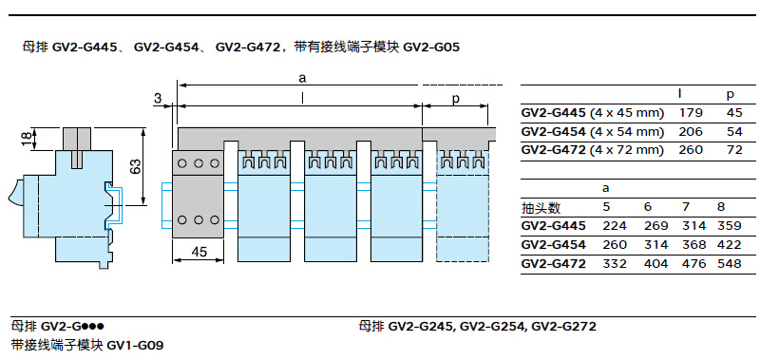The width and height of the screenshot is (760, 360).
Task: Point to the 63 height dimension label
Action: click(136, 166)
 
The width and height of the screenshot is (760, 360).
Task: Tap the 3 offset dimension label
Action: click(157, 99)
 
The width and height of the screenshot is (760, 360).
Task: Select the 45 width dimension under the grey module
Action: click(199, 252)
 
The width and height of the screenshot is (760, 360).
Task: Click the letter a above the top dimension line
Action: click(303, 78)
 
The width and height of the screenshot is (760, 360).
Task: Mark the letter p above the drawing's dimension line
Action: click(455, 99)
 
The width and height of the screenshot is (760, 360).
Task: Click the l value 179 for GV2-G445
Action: click(691, 113)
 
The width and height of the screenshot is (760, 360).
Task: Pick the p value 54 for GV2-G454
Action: click(734, 131)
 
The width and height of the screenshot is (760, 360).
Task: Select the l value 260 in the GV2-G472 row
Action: click(691, 150)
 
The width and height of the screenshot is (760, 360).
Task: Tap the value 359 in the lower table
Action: click(730, 226)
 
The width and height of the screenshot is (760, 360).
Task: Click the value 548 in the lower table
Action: click(730, 263)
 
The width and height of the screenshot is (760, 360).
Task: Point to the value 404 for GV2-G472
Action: click(656, 263)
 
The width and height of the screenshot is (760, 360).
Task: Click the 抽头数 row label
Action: click(541, 208)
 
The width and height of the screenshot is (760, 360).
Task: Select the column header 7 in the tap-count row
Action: click(686, 207)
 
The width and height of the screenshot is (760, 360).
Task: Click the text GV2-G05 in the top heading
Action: click(431, 47)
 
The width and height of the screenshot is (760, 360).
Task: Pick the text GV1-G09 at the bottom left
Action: click(135, 345)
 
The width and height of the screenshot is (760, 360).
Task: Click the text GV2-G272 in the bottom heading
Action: click(563, 327)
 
